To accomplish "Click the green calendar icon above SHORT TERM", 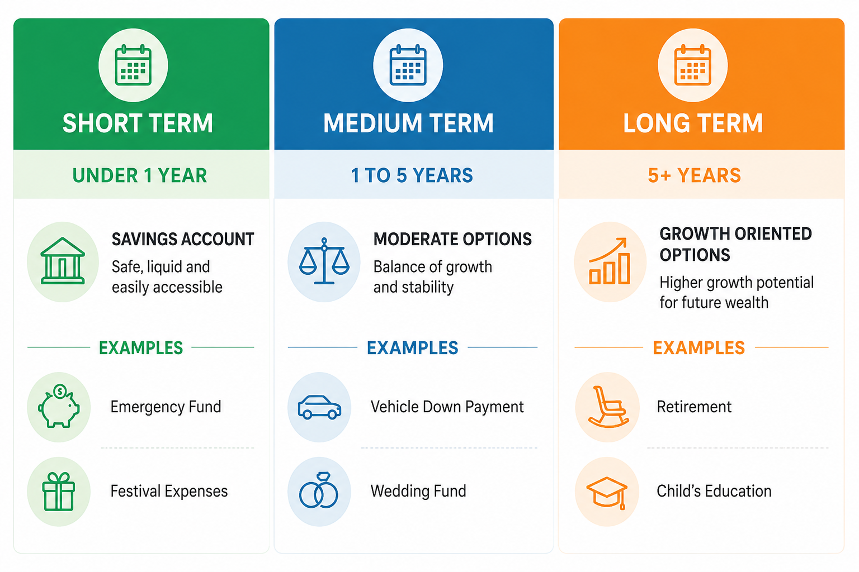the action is [x=133, y=65].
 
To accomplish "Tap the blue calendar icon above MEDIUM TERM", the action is [x=408, y=65].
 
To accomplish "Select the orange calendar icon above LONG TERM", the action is [x=692, y=65].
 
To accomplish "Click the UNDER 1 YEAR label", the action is [x=140, y=175].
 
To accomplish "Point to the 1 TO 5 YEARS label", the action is [x=412, y=175].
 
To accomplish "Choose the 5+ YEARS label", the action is [x=695, y=175].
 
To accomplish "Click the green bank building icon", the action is [x=63, y=261].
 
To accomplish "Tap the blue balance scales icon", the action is [x=324, y=261].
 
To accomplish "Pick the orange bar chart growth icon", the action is [x=610, y=261].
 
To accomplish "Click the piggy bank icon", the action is [x=59, y=407].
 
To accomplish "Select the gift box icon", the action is [x=58, y=492].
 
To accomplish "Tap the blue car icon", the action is [x=319, y=407].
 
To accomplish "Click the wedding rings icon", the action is [x=319, y=490].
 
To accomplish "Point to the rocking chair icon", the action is [x=607, y=407].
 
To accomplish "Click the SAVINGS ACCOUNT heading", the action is [x=183, y=240].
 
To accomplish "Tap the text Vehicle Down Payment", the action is [x=447, y=407].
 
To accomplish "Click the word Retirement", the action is [x=694, y=407].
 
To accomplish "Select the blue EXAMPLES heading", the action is [x=413, y=348].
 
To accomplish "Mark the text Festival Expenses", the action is [x=169, y=491].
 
